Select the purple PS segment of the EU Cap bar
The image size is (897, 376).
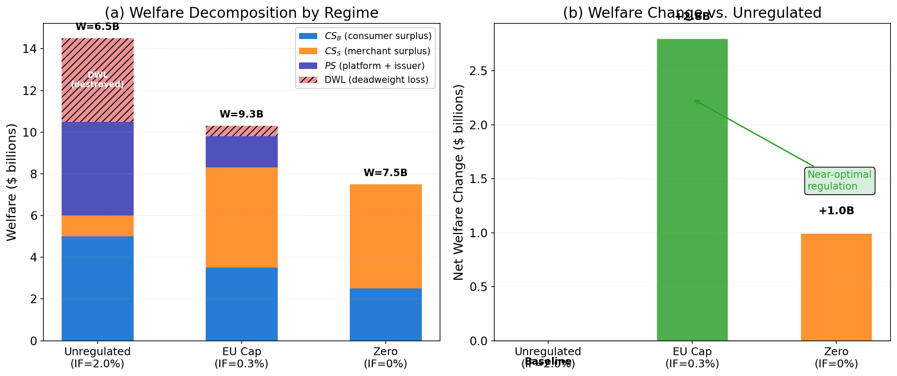click(x=241, y=152)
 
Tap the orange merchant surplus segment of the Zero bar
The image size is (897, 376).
click(x=385, y=236)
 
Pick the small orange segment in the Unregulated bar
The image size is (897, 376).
click(x=97, y=226)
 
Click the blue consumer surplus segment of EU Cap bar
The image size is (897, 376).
click(x=241, y=304)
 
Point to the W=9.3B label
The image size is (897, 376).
click(x=241, y=114)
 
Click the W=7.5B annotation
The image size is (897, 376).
click(x=385, y=173)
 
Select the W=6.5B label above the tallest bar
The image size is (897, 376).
click(x=97, y=26)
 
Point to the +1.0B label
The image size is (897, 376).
click(x=836, y=211)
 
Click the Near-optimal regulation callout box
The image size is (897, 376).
click(x=839, y=180)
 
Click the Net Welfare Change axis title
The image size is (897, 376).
click(x=459, y=182)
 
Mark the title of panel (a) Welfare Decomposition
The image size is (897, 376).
click(x=254, y=13)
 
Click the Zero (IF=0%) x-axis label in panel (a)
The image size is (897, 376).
click(x=385, y=357)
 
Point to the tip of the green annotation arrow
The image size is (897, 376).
click(x=694, y=100)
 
